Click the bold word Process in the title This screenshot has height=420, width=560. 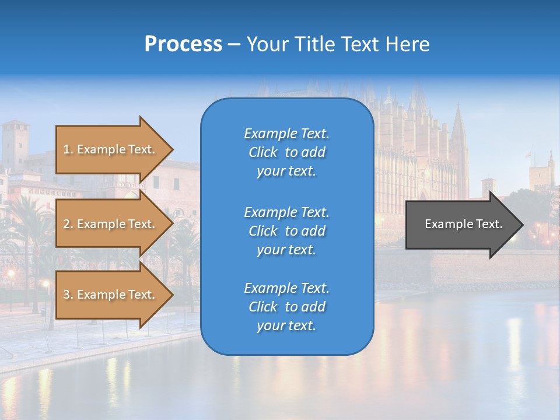coord(183,44)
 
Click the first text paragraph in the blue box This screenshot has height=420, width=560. coord(286,152)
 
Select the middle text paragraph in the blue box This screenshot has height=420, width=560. coord(286,231)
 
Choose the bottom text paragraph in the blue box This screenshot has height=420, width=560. coord(286,307)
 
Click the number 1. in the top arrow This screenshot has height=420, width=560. coord(68,149)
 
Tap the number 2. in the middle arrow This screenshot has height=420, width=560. coord(68,224)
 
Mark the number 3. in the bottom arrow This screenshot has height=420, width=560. coord(68,295)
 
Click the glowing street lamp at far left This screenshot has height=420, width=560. coord(10,274)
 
